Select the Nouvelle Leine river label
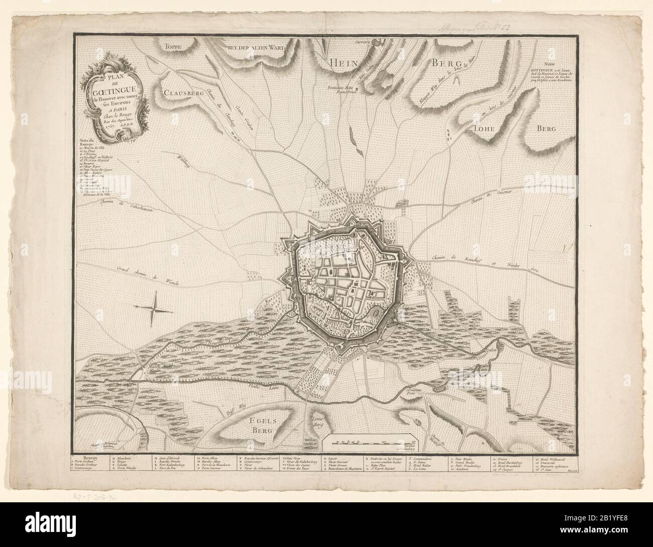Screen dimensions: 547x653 pos(209,342)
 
